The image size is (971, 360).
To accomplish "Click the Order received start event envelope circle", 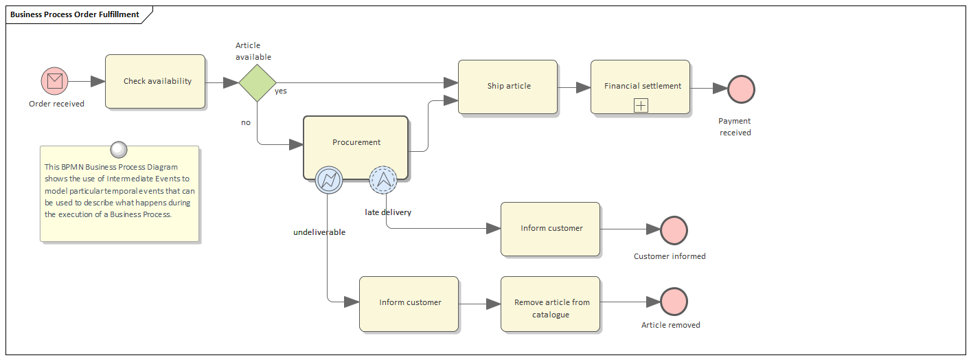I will pos(55,81).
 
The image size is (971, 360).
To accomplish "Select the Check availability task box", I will pos(155,81).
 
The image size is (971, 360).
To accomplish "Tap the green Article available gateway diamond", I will pos(258,82).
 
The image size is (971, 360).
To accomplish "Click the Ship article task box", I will pos(507,87).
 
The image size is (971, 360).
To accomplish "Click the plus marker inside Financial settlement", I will pos(641,105).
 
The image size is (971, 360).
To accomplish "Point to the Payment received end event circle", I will pos(741,89).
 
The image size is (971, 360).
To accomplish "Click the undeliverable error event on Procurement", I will pos(328,180).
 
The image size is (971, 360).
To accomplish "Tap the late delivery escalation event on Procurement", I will pos(382,180).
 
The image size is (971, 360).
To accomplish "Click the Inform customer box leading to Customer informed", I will pos(550,229).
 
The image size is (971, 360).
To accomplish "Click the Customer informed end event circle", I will pos(674,230).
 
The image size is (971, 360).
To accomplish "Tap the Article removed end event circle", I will pos(674,302).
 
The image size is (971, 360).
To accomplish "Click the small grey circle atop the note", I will pos(119,148).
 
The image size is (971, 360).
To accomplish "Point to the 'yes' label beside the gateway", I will pos(281,91).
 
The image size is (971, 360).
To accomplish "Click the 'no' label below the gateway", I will pos(246,122).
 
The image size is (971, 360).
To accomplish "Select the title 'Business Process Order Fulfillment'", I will pos(75,14).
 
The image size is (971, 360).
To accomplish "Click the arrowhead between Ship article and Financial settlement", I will pos(583,87).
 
